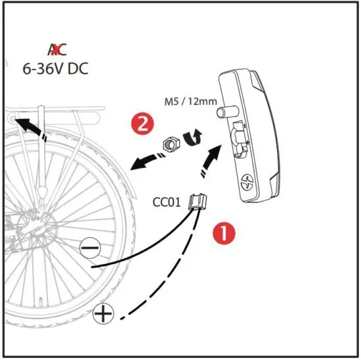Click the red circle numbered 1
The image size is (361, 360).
click(223, 233)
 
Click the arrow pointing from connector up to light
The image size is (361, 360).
click(211, 160)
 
